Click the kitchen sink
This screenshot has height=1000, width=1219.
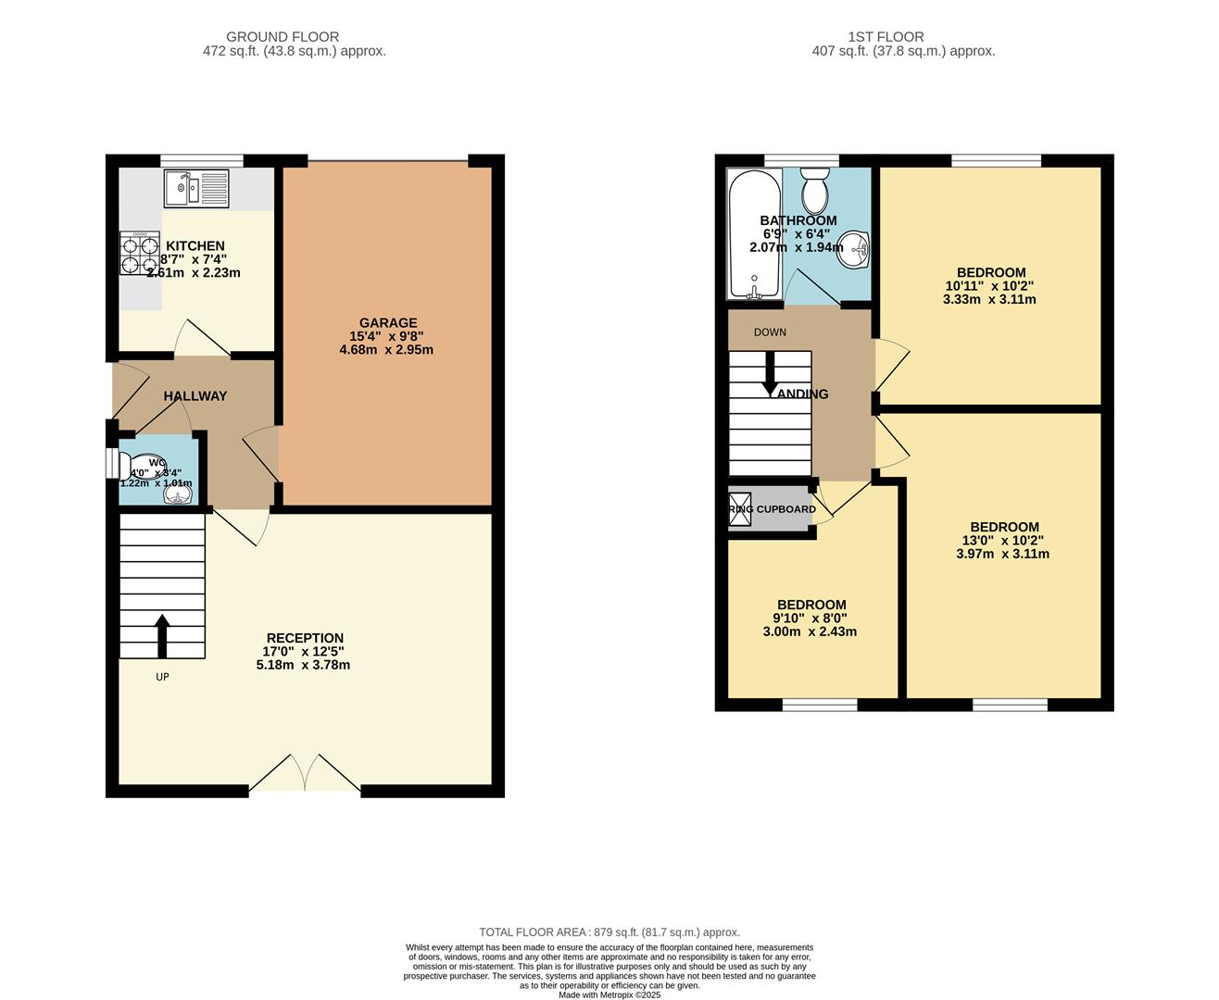[196, 189]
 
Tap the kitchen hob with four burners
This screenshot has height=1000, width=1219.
[139, 253]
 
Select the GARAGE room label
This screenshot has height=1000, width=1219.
[388, 323]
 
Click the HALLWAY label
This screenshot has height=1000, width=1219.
[195, 396]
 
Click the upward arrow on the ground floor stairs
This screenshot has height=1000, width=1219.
[162, 636]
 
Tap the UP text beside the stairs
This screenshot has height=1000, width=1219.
[162, 677]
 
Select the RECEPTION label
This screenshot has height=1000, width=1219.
[305, 638]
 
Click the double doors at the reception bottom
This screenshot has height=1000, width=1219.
[305, 773]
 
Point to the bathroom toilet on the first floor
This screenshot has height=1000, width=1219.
[814, 190]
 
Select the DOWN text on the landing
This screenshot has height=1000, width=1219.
[770, 332]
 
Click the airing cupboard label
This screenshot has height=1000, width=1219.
[772, 509]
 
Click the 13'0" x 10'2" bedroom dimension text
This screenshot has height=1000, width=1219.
[1003, 541]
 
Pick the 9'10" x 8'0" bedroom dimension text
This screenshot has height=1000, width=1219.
[810, 619]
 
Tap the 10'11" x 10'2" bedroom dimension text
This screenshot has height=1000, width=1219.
[990, 286]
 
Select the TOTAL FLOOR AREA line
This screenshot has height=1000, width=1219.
[609, 932]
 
